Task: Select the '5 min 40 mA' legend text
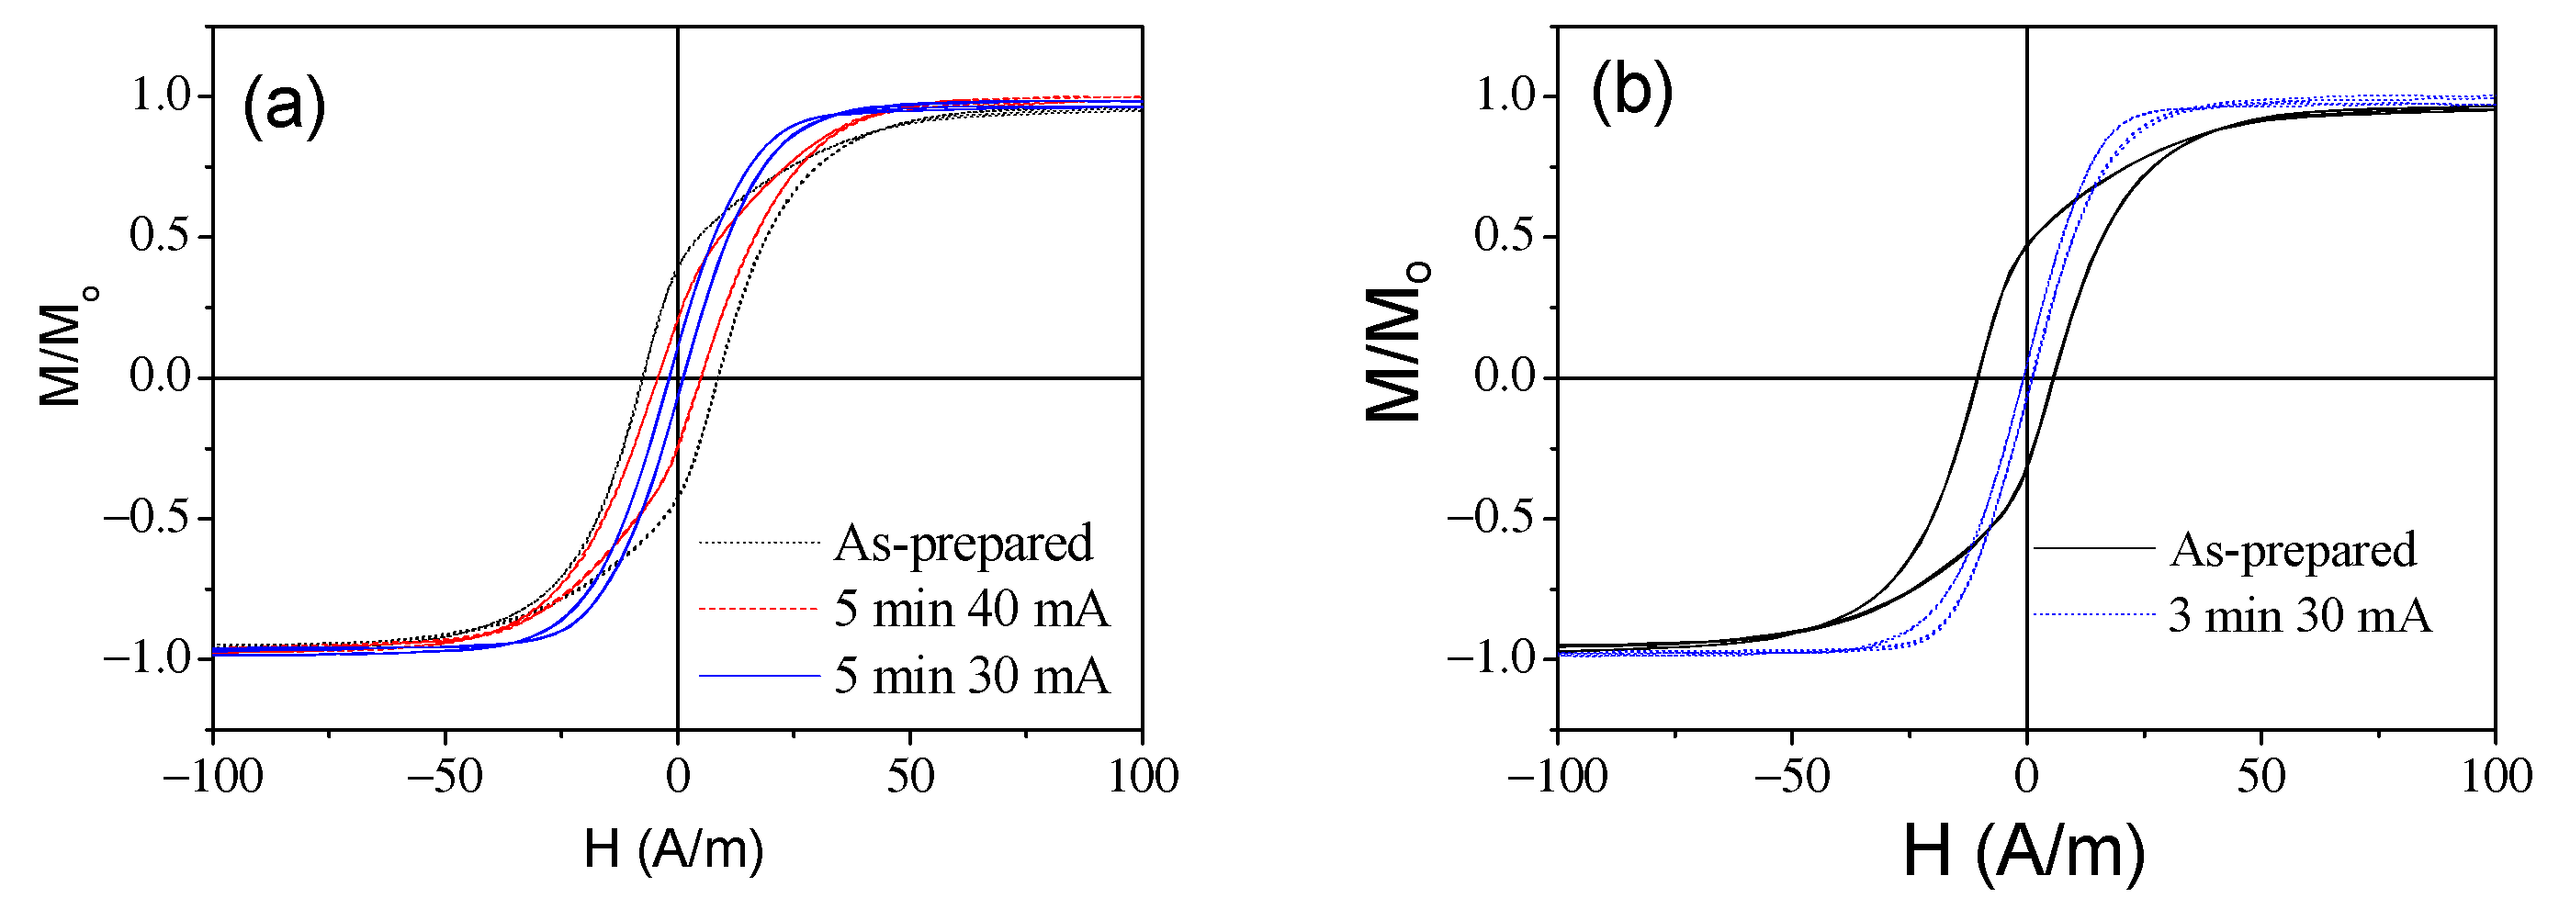point(971,609)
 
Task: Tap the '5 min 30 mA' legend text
point(971,677)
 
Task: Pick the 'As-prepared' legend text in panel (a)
point(963,544)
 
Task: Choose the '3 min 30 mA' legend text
point(2299,616)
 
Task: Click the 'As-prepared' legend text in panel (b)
point(2292,550)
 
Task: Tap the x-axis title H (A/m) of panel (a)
point(673,849)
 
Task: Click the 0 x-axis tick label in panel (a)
point(678,776)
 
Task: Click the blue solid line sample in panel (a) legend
point(759,677)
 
